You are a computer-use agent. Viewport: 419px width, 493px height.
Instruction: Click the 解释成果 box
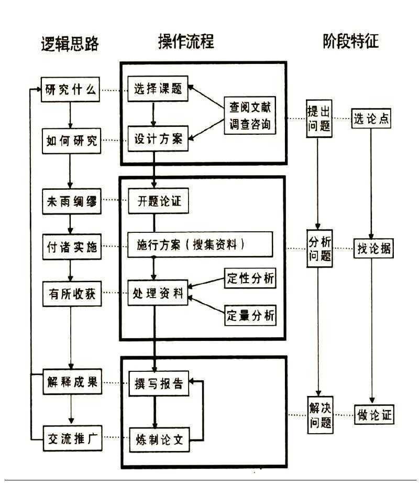pyautogui.click(x=71, y=382)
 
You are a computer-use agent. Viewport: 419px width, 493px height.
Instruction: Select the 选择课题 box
pyautogui.click(x=157, y=89)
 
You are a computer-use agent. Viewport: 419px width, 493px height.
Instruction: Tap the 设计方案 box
pyautogui.click(x=157, y=140)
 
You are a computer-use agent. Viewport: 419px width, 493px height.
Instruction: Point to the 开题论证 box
pyautogui.click(x=157, y=201)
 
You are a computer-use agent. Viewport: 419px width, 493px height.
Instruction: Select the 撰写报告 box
pyautogui.click(x=158, y=384)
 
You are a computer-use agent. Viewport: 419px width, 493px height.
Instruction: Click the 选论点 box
pyautogui.click(x=371, y=119)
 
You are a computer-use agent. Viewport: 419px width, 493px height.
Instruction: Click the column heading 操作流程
pyautogui.click(x=186, y=42)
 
